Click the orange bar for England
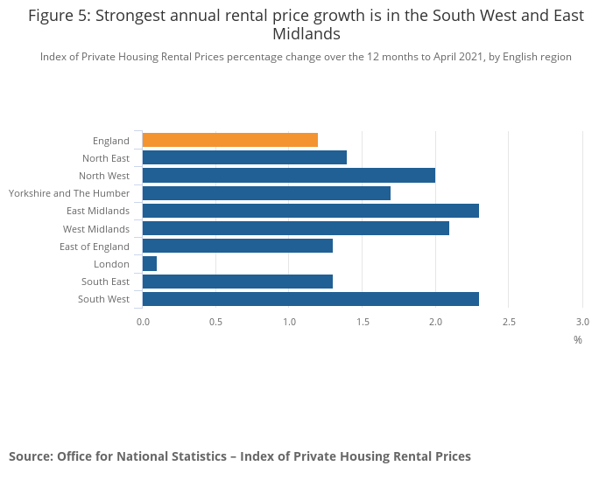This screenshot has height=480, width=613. coord(229,140)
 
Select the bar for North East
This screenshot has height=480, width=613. coord(244,157)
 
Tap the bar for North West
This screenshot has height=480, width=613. coord(288,175)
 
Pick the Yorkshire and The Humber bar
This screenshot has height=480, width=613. coord(266,193)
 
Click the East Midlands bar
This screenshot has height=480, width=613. coord(310,211)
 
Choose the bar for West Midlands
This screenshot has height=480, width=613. coord(295,228)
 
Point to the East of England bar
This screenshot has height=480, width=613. coord(237,246)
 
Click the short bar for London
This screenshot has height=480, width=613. coord(150,263)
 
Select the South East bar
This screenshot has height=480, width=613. coord(237,282)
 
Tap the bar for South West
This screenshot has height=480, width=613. coord(310,299)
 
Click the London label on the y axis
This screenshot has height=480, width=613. coord(111,264)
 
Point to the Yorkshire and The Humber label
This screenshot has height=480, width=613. coord(69,193)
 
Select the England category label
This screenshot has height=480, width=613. coord(110,141)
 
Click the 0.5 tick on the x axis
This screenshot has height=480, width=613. coord(215,322)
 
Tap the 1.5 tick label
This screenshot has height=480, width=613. coord(363,322)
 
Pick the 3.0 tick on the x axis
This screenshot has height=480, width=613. coord(582,322)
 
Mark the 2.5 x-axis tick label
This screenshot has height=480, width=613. coord(509,322)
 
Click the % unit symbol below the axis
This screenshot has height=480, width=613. coord(578,339)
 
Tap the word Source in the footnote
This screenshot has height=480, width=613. coord(30,456)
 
